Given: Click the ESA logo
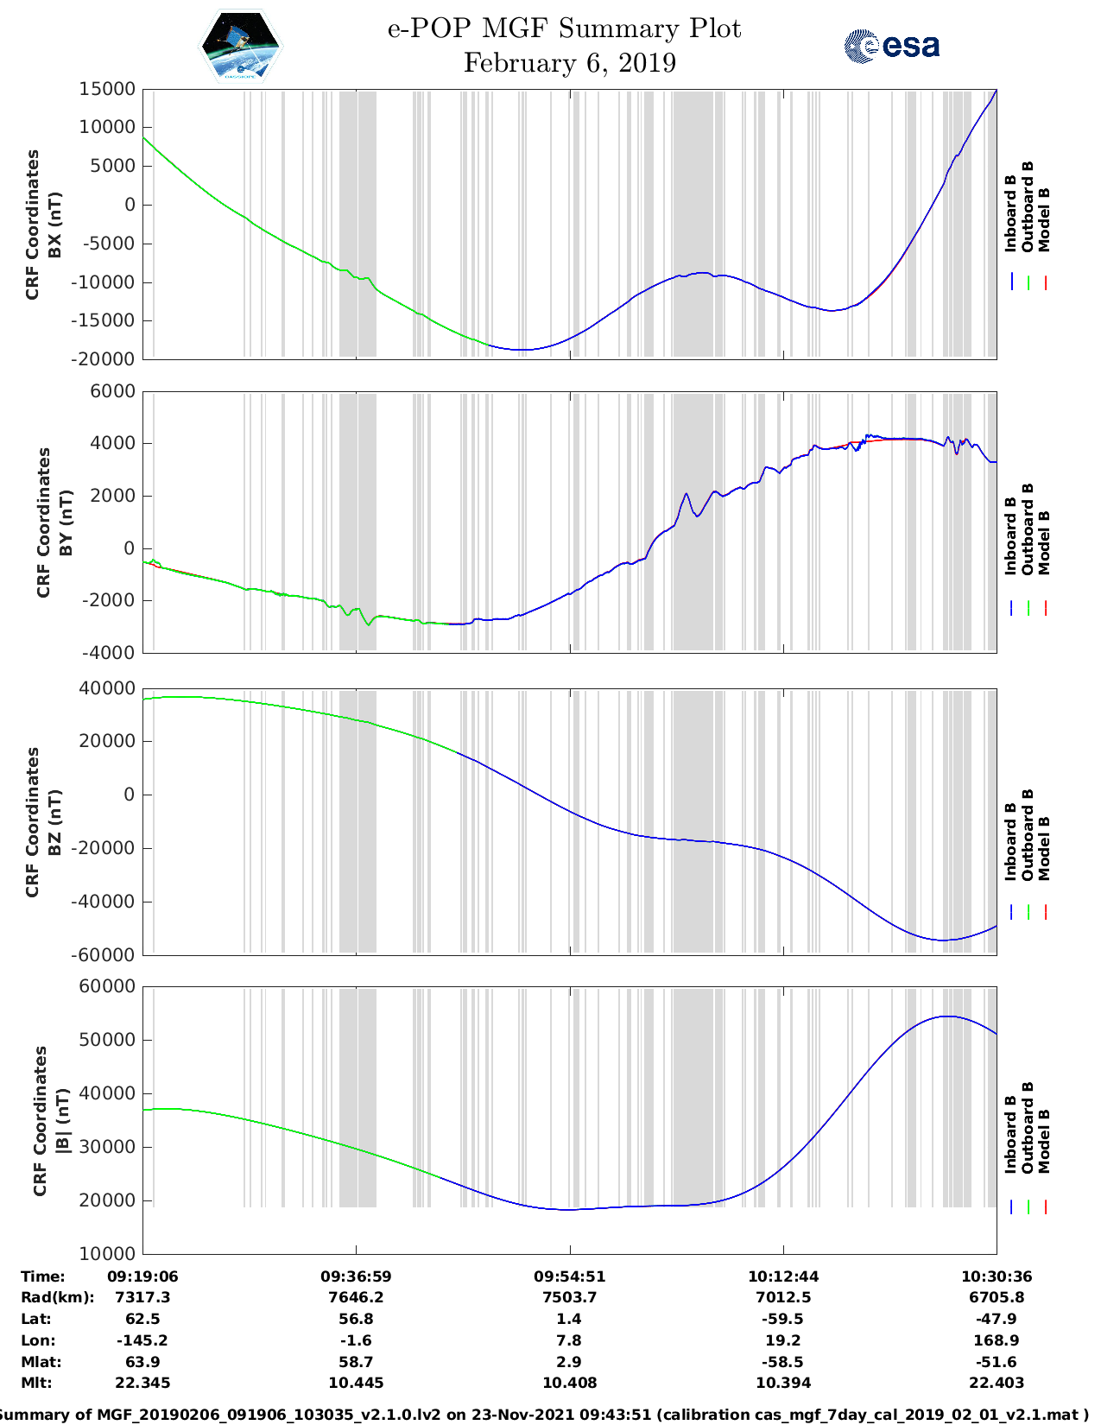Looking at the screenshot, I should [892, 46].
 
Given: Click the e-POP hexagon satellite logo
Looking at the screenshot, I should [241, 46].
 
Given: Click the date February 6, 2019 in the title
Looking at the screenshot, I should [569, 63].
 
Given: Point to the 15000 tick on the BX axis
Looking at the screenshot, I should [107, 89].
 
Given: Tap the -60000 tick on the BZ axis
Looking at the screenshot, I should [107, 954].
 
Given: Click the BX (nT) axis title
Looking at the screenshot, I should [54, 225].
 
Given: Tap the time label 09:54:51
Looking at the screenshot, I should [569, 1276].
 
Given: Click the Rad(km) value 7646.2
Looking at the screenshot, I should [356, 1297].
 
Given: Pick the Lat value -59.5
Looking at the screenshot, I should [783, 1319].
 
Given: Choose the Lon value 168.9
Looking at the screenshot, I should [997, 1340].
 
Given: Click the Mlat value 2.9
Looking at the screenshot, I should [569, 1362].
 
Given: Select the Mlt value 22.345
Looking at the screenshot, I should [142, 1383].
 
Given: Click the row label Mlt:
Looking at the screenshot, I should [36, 1383].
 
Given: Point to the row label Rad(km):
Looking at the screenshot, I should [58, 1297].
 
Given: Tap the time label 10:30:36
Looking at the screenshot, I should [997, 1276].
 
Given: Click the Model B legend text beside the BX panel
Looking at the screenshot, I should [1044, 219].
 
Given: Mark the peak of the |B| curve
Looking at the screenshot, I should [947, 1016].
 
